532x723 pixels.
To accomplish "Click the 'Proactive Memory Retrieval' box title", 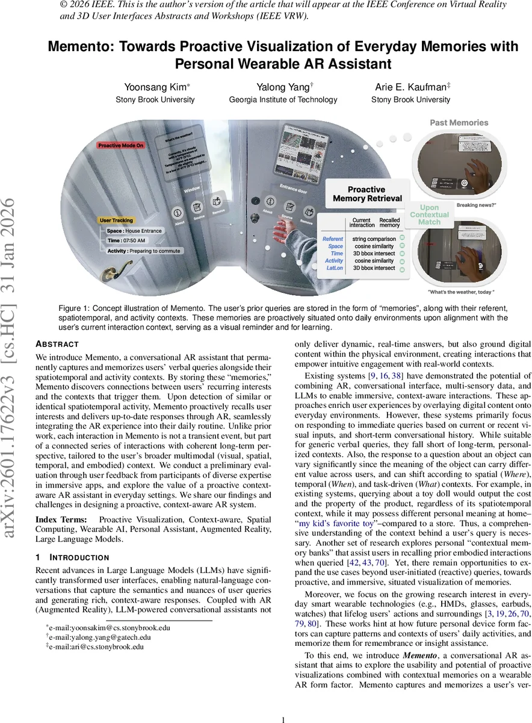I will coord(367,193).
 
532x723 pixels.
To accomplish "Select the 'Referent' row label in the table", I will coord(332,239).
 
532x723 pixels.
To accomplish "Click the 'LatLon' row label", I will coord(334,268).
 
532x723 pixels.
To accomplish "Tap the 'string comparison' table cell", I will coord(374,239).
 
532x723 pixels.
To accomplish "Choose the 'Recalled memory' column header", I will coord(389,224).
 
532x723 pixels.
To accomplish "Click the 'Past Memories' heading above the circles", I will coord(459,123).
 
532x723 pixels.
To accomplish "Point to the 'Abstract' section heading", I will coord(57,344).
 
